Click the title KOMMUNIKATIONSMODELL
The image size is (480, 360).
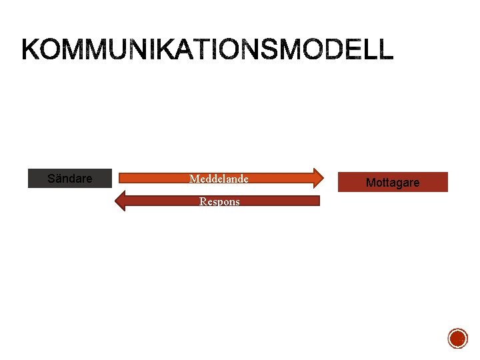(x=208, y=50)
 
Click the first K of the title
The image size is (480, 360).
(x=33, y=50)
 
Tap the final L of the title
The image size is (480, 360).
(x=387, y=50)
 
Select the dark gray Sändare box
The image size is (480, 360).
(x=69, y=179)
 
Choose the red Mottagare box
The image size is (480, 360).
(x=393, y=182)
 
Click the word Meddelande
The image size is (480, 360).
(x=219, y=179)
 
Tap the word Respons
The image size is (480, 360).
(x=219, y=201)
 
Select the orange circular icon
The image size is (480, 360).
(x=457, y=339)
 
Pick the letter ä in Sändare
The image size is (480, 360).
(x=58, y=179)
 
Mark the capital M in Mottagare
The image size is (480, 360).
(x=371, y=182)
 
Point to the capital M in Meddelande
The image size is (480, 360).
(x=193, y=179)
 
